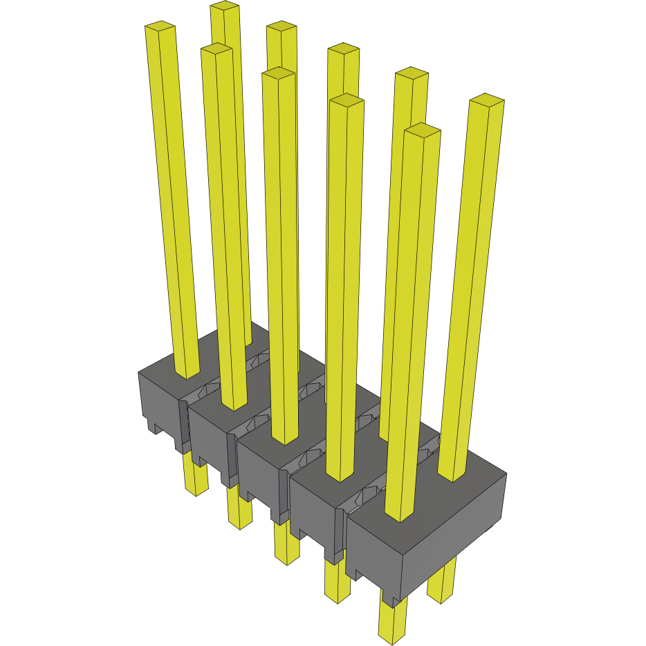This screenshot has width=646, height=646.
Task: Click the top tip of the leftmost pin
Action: point(160,27)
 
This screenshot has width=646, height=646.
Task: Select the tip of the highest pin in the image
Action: point(225,6)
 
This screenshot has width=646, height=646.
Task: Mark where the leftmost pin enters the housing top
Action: point(186,374)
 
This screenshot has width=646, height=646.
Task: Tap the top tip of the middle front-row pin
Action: point(279,73)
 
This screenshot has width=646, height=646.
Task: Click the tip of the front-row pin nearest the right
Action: point(423,129)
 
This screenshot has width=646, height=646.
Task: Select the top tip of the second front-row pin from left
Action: point(216,48)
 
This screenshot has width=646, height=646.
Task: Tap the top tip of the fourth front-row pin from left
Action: point(347,100)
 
